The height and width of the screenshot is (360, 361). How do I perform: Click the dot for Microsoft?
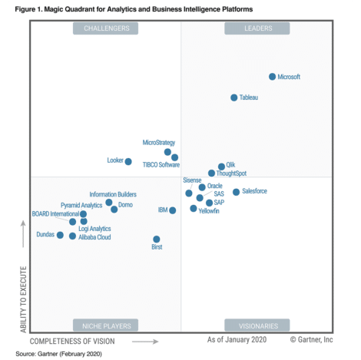[272, 77]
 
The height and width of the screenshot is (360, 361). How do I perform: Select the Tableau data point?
[234, 97]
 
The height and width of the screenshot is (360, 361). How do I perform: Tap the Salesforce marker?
[236, 191]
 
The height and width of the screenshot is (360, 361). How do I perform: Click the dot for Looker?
[128, 161]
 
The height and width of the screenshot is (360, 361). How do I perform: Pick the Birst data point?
[156, 239]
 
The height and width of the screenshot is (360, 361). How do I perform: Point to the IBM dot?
[172, 210]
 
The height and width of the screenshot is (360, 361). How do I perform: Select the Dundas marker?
[60, 235]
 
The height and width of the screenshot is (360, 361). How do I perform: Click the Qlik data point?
[221, 166]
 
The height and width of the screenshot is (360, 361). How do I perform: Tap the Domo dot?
[114, 209]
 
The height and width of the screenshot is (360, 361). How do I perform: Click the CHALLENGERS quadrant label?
[106, 28]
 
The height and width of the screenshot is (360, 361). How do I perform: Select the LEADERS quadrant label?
[257, 28]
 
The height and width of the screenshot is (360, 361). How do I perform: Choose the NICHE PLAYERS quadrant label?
[106, 325]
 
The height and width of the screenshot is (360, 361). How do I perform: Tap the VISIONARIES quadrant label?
[257, 325]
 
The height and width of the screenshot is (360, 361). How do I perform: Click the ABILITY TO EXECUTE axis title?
[22, 299]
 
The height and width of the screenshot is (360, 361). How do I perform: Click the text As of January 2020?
[236, 339]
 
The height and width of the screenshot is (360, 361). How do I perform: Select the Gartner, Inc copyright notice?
[311, 339]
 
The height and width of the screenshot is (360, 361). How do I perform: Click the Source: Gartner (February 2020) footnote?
[58, 354]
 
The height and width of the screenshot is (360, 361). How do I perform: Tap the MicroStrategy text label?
[159, 143]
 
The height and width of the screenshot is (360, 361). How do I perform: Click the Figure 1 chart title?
[134, 8]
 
